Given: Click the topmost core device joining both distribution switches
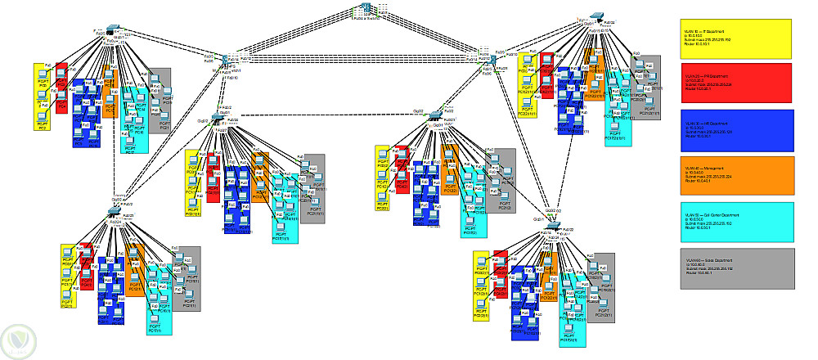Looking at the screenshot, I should point(366,10).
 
